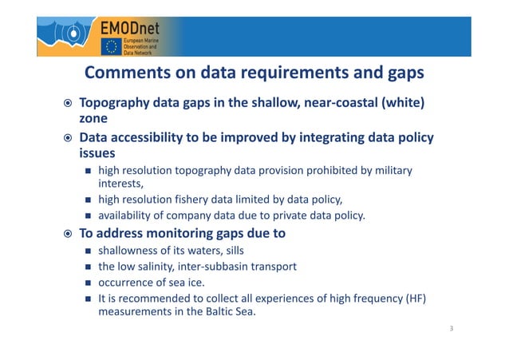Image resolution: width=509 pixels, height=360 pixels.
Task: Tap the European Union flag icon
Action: click(x=109, y=46)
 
